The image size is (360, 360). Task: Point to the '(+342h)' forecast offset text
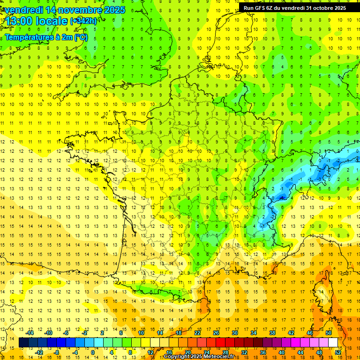pyautogui.click(x=83, y=21)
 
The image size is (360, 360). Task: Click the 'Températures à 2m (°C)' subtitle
pyautogui.click(x=46, y=37)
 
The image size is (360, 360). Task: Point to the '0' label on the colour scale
pyautogui.click(x=93, y=352)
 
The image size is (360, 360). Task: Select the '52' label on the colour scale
pyautogui.click(x=338, y=352)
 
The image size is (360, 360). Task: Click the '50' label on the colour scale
pyautogui.click(x=328, y=333)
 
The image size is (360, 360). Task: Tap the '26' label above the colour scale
pyautogui.click(x=216, y=333)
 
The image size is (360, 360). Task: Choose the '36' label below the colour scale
pyautogui.click(x=263, y=352)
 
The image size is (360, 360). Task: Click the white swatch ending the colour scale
pyautogui.click(x=333, y=343)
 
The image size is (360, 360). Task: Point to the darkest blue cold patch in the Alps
pyautogui.click(x=281, y=197)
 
